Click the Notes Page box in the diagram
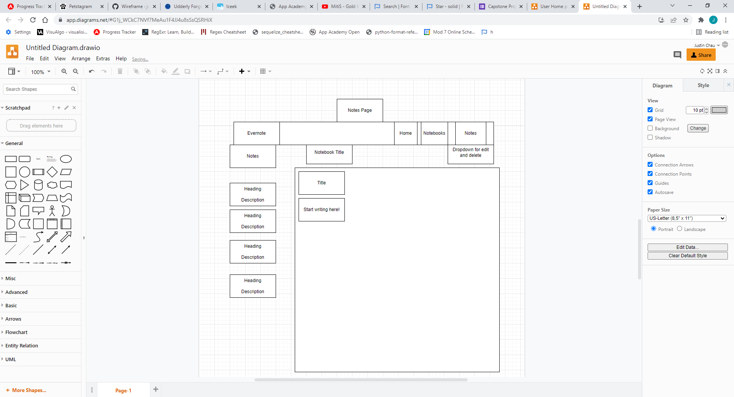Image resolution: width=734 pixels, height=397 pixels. pyautogui.click(x=359, y=110)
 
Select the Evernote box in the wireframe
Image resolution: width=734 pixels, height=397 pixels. pyautogui.click(x=256, y=133)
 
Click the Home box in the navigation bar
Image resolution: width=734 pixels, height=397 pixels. pyautogui.click(x=405, y=133)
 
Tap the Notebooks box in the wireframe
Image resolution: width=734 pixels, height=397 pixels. pyautogui.click(x=434, y=133)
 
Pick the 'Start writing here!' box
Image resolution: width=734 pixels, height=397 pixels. pyautogui.click(x=321, y=210)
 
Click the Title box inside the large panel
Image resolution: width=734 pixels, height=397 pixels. pyautogui.click(x=321, y=183)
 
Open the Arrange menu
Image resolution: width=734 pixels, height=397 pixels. pyautogui.click(x=81, y=58)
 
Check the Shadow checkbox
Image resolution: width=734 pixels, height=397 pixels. pyautogui.click(x=650, y=137)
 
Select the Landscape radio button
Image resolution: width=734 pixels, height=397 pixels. pyautogui.click(x=679, y=229)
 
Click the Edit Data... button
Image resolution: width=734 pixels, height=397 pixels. pyautogui.click(x=687, y=247)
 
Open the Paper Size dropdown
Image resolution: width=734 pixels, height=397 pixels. pyautogui.click(x=687, y=218)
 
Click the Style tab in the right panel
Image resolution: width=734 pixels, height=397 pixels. pyautogui.click(x=703, y=86)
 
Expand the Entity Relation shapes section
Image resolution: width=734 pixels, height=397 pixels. pyautogui.click(x=21, y=346)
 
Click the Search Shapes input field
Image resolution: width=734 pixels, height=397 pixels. pyautogui.click(x=37, y=89)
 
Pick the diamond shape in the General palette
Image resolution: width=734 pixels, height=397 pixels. pyautogui.click(x=52, y=172)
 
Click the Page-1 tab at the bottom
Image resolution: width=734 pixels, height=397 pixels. pyautogui.click(x=123, y=391)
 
